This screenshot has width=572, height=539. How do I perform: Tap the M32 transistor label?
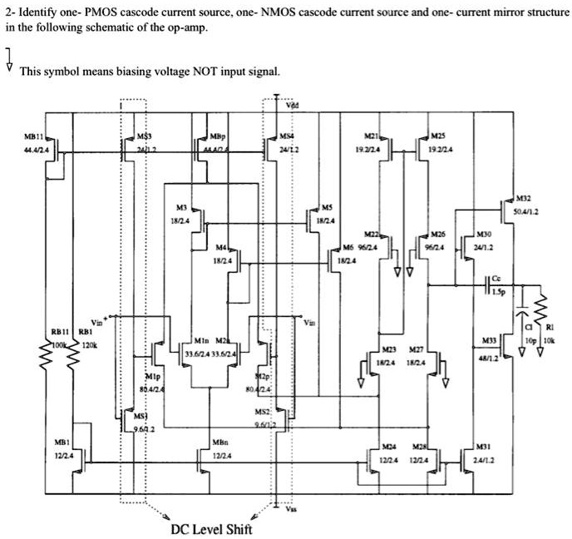[523, 199]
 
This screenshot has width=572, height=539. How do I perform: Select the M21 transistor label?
[372, 135]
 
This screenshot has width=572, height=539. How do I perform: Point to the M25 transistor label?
[439, 135]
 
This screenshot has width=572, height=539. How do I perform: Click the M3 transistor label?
[180, 207]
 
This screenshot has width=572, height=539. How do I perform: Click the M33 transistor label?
[490, 341]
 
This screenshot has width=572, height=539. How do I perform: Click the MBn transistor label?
[220, 442]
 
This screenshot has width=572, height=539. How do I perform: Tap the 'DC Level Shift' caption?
[211, 529]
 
